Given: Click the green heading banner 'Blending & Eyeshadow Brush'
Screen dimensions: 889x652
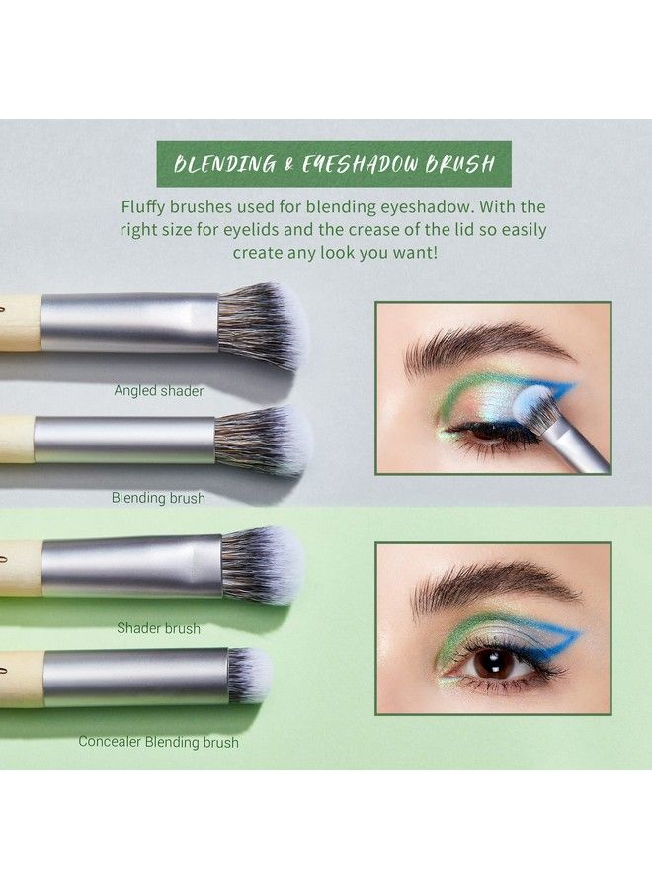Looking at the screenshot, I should [x=333, y=163].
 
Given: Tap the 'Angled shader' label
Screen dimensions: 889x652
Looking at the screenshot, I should [x=158, y=391].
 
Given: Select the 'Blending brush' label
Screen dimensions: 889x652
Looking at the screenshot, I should [x=158, y=498].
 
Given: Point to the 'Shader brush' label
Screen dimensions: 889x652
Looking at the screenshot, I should [x=158, y=628].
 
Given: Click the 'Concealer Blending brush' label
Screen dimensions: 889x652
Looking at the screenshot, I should [x=158, y=741].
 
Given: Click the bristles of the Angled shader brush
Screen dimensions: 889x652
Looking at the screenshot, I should [x=262, y=326].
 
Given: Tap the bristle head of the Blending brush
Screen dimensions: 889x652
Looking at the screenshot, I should [x=262, y=440].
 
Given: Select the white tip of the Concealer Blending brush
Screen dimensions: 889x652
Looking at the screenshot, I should [x=252, y=675].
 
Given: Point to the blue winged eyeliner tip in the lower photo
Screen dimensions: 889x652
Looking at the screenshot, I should [x=578, y=634].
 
